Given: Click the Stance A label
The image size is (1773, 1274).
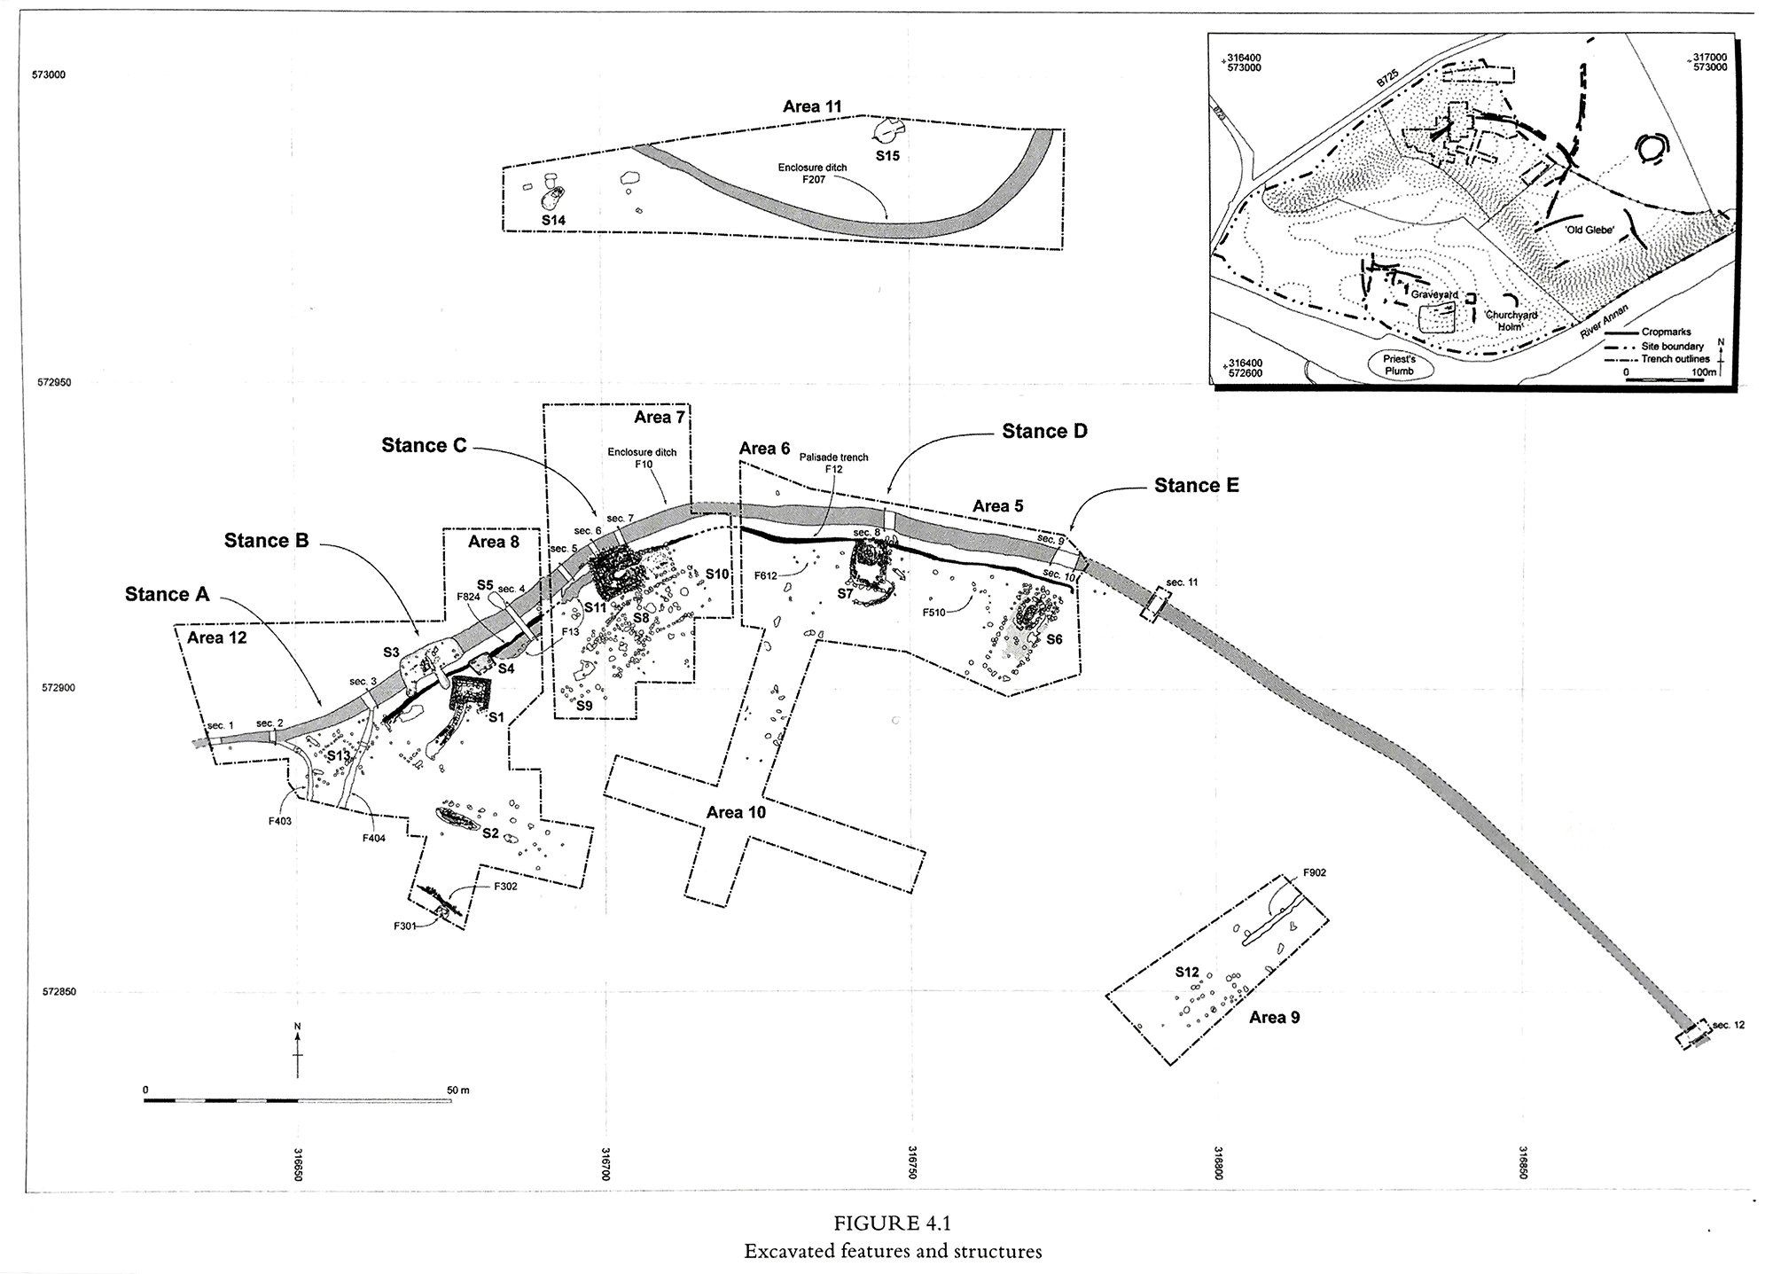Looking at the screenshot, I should [167, 595].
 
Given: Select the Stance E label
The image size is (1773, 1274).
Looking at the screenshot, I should [1196, 486].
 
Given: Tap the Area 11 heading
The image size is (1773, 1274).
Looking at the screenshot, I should [812, 106].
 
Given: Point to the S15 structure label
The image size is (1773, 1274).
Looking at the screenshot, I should [887, 156].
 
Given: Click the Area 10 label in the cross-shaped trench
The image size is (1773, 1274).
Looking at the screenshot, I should [736, 812].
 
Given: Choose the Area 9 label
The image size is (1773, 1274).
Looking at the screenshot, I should [1274, 1017].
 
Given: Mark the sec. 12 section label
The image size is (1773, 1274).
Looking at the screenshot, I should [1728, 1025].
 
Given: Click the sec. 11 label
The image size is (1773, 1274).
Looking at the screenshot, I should [1182, 582].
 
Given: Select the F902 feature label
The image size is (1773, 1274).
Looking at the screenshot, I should [1315, 873].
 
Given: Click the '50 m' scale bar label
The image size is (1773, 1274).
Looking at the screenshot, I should [457, 1090].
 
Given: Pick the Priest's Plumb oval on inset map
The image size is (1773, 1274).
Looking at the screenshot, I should [1400, 365].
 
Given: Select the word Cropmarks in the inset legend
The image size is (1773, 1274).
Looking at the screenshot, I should [1666, 332].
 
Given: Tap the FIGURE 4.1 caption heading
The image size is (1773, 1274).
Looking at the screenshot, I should [892, 1223].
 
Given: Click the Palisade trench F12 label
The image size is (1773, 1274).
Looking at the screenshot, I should [833, 463].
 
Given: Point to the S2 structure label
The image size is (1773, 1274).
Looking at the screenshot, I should [490, 833].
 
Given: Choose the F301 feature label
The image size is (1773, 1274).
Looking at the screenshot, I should [406, 926].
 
